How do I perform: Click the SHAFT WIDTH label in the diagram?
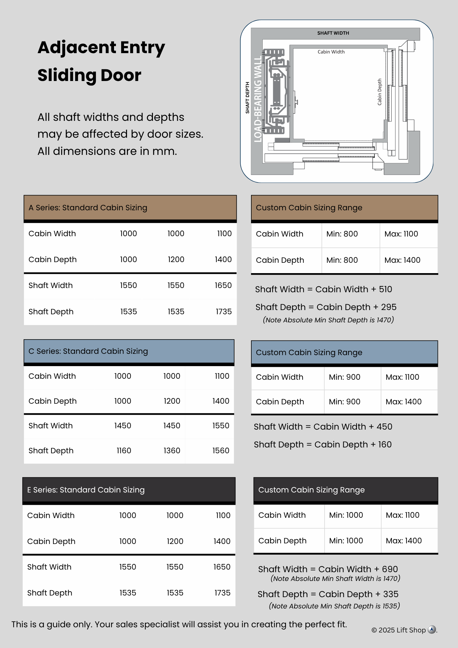(333, 33)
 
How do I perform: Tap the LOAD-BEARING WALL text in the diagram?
(258, 99)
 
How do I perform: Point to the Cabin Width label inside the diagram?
(331, 52)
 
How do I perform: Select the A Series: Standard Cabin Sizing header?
(88, 208)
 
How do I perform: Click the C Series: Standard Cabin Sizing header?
(88, 351)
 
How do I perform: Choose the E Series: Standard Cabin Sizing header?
(86, 490)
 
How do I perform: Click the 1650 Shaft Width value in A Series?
(223, 285)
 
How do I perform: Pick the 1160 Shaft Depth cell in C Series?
(124, 451)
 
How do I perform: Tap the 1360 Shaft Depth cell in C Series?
(172, 451)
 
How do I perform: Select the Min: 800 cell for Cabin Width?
(342, 234)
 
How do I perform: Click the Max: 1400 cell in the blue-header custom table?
(404, 402)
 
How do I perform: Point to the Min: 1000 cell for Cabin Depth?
(346, 541)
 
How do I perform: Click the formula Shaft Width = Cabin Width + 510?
(324, 289)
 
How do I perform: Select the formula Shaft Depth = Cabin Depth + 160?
(323, 445)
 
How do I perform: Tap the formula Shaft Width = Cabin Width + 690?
(328, 569)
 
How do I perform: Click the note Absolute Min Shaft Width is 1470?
(335, 579)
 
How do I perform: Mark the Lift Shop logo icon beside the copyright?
(432, 630)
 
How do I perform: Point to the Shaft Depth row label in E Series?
(50, 593)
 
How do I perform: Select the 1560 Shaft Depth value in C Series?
(221, 451)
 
